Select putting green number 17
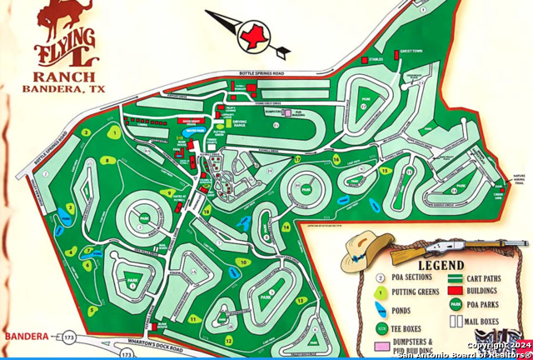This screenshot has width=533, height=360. tap(297, 159)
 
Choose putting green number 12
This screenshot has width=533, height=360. tap(227, 339)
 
